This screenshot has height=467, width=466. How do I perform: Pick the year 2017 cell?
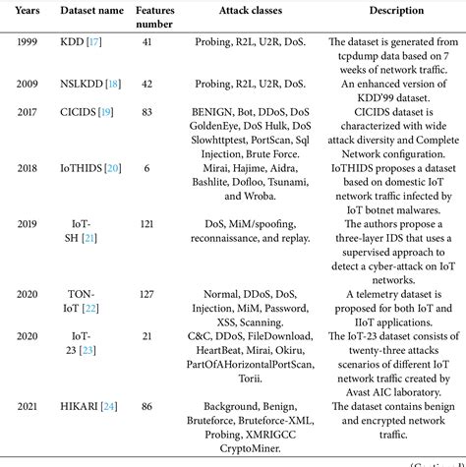(x=29, y=113)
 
